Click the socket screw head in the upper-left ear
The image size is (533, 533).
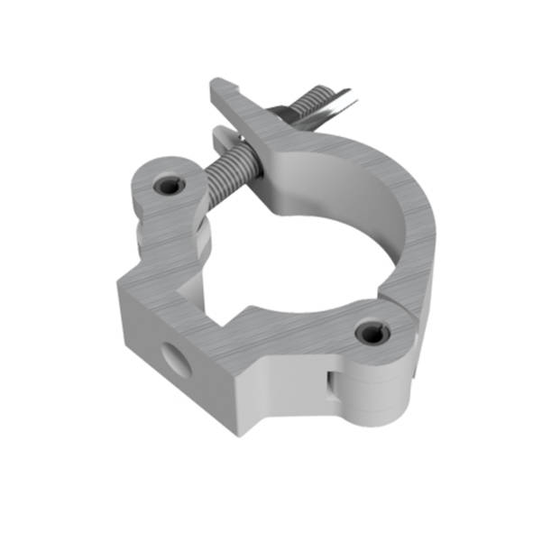(x=168, y=186)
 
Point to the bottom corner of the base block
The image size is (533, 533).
(x=240, y=432)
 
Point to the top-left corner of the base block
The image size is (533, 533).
(x=119, y=281)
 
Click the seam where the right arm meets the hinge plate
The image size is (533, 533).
(x=390, y=298)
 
